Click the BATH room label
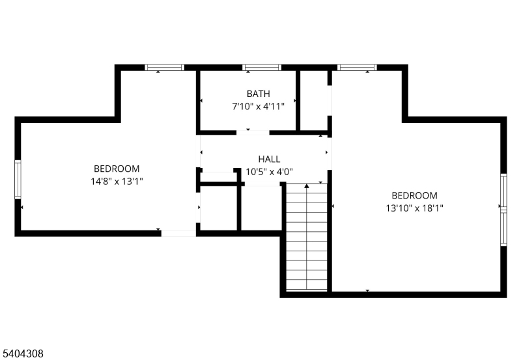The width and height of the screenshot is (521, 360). [x=258, y=94]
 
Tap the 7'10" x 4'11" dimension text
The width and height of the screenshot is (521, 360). [x=258, y=107]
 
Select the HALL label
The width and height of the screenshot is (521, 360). [x=269, y=159]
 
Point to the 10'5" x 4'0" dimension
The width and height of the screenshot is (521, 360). [x=269, y=172]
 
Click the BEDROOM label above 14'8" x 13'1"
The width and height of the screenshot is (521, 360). [x=117, y=169]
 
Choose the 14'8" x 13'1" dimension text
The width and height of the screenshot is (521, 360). [x=117, y=182]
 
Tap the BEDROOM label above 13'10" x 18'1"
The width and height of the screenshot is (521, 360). [x=414, y=195]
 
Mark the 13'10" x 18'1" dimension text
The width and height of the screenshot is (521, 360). [x=414, y=208]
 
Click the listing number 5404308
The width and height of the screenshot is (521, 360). [x=23, y=353]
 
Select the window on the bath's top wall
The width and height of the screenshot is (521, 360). [x=262, y=68]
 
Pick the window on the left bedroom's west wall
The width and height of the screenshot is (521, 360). [x=18, y=179]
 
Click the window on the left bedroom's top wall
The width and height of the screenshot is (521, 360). [x=165, y=68]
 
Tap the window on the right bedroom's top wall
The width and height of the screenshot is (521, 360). [x=357, y=68]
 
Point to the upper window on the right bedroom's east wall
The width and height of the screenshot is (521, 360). [x=503, y=191]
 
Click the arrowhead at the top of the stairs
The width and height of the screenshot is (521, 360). [x=307, y=186]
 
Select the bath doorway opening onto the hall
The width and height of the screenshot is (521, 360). [x=253, y=133]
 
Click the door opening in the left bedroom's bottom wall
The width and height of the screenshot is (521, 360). [x=178, y=233]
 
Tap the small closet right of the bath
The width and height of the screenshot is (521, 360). [x=314, y=101]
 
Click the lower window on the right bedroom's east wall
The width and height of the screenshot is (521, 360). [x=503, y=228]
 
